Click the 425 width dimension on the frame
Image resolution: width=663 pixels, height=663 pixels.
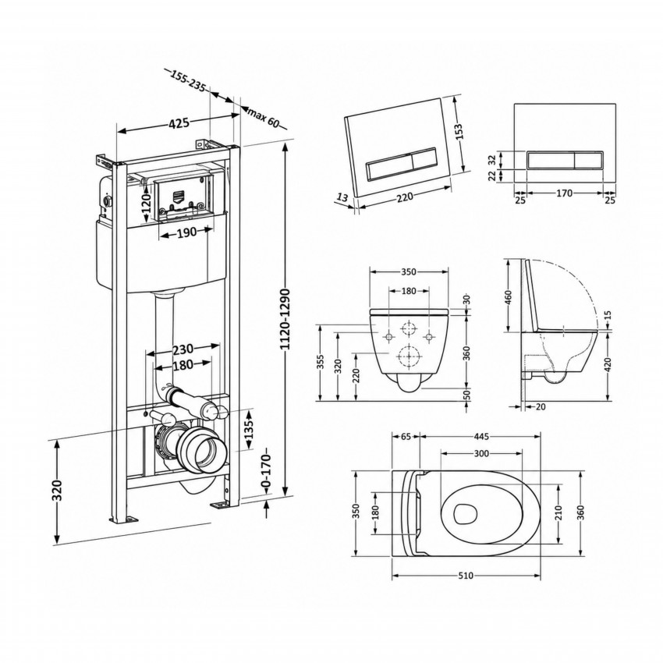click(179, 123)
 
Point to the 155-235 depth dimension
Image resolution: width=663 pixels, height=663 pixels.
click(188, 81)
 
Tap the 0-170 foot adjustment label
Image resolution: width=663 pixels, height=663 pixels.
click(266, 470)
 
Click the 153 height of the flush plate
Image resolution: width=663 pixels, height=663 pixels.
click(459, 132)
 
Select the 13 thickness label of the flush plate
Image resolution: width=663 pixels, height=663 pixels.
click(343, 197)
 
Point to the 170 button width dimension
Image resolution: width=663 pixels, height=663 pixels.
click(564, 193)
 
